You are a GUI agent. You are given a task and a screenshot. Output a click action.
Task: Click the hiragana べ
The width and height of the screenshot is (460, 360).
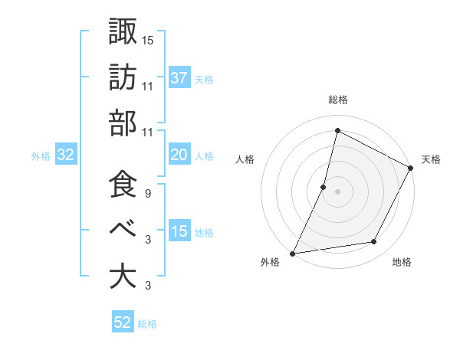123,229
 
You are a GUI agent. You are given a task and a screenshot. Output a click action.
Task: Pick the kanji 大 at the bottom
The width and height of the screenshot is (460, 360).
123,276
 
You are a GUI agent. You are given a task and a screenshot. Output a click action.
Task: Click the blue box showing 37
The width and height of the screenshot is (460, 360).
179,78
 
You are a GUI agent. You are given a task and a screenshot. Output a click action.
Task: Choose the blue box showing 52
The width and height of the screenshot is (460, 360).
123,323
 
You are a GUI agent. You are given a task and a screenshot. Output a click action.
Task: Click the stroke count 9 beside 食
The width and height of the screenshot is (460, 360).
147,194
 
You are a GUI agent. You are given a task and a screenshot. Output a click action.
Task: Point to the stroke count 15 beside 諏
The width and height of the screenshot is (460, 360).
148,39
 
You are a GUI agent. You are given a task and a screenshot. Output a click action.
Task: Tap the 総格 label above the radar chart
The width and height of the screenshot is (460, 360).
337,100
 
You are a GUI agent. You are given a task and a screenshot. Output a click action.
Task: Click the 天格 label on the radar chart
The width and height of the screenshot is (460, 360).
431,159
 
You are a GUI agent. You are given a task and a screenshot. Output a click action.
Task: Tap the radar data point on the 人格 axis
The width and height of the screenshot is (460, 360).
324,187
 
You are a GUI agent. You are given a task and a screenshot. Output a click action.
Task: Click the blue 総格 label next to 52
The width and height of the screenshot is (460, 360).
147,324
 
